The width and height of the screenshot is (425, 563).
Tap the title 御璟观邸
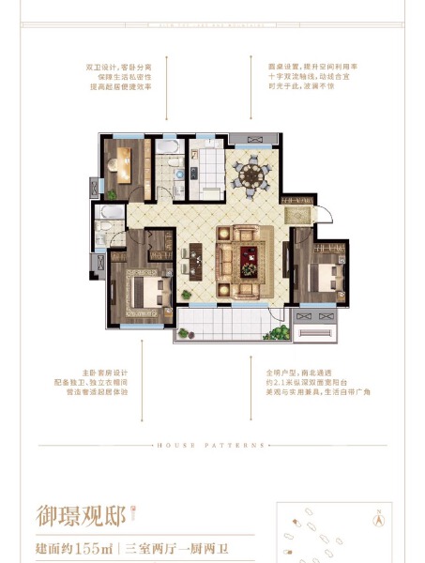pyautogui.click(x=79, y=514)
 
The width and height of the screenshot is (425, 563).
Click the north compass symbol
pyautogui.click(x=379, y=514)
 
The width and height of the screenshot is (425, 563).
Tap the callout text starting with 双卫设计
pyautogui.click(x=117, y=76)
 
